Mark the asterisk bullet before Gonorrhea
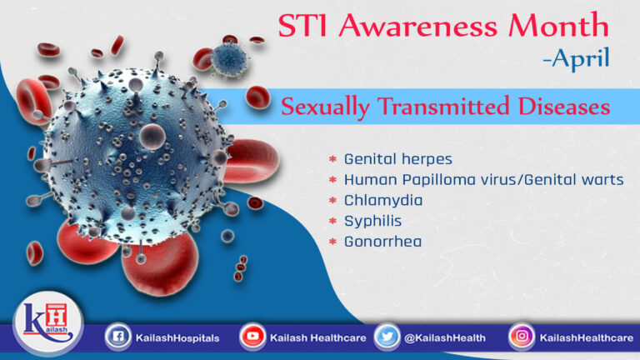click(x=332, y=242)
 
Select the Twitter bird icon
click(x=386, y=337)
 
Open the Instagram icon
click(x=522, y=337)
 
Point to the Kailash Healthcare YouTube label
click(x=315, y=338)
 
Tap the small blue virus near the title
click(x=227, y=57)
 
